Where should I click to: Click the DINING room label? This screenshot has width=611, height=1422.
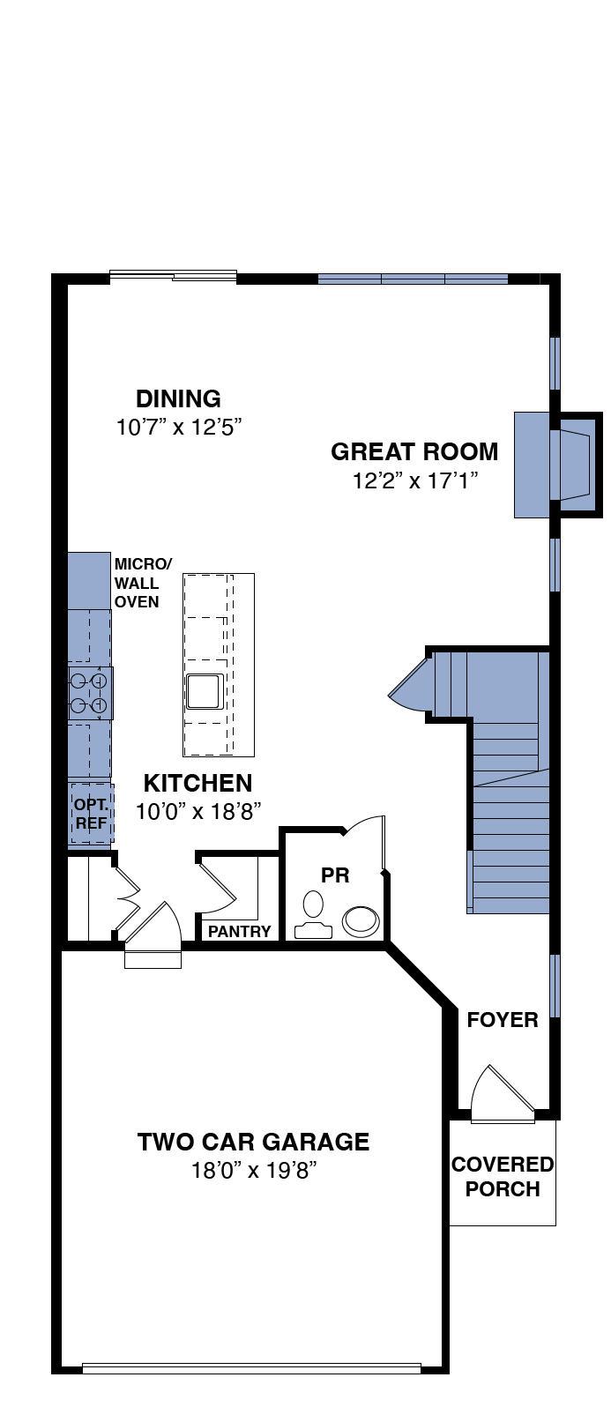[x=178, y=398]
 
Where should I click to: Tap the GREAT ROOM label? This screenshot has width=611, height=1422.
[x=414, y=452]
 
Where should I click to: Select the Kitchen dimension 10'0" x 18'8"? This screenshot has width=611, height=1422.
[x=198, y=811]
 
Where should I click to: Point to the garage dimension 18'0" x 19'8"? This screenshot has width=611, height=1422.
[x=254, y=1169]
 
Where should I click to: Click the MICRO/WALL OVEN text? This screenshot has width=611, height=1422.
[x=142, y=583]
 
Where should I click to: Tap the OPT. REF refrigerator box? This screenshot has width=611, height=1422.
[x=92, y=814]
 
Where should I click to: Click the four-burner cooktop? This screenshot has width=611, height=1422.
[x=91, y=693]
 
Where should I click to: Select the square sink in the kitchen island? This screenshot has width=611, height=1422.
[x=205, y=691]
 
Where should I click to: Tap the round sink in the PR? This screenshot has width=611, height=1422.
[x=361, y=921]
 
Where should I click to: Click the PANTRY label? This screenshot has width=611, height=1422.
[x=240, y=931]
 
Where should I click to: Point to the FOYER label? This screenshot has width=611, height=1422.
[x=503, y=1019]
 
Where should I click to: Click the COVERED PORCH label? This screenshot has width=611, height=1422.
[x=503, y=1176]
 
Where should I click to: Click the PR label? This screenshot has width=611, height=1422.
[x=335, y=875]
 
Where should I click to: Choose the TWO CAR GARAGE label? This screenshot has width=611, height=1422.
[x=253, y=1142]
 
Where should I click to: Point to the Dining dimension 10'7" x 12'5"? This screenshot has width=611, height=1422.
[x=179, y=428]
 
